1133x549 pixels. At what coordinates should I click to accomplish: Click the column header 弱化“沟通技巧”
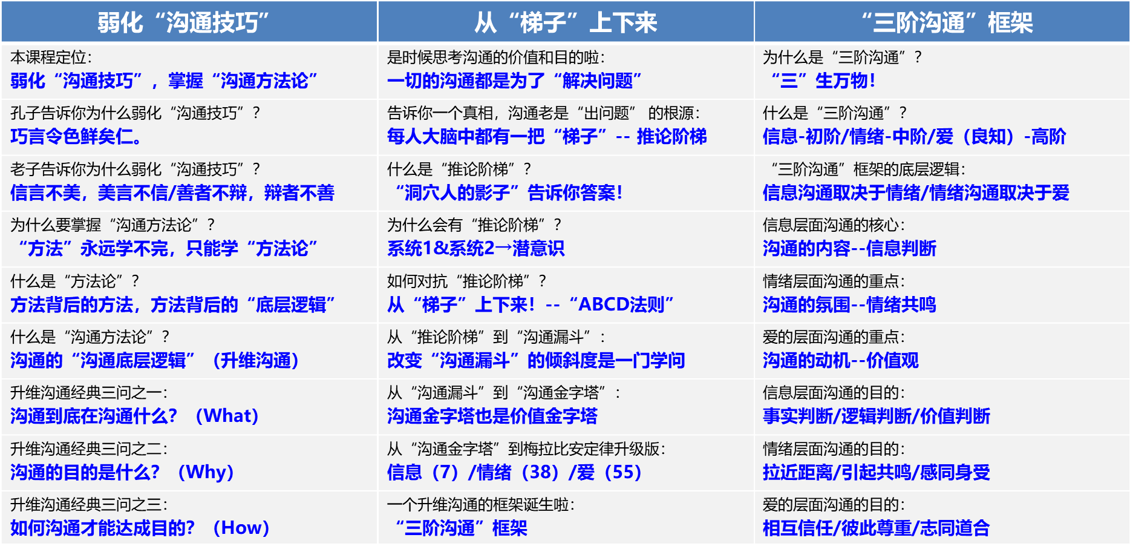coord(183,23)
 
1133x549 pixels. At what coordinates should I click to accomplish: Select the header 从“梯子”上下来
coord(566,23)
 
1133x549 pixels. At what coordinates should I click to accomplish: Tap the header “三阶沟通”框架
coord(947,23)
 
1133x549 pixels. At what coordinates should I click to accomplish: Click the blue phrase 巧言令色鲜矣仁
coord(76,137)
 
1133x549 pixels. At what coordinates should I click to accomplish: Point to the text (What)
coord(227,416)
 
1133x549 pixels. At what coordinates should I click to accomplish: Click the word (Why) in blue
coord(206,472)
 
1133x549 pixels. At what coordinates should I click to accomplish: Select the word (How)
coord(241,528)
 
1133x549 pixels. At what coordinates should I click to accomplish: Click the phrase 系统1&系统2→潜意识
coord(476,248)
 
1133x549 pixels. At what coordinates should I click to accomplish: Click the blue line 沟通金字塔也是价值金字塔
coord(492,416)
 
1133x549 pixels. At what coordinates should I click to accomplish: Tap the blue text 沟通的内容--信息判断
coord(849,248)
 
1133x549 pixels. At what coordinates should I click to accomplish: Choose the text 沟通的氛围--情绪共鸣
coord(849,304)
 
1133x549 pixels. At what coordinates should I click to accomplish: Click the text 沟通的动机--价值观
coord(841,360)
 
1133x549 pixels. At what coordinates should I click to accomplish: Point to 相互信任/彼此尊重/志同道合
coord(876,528)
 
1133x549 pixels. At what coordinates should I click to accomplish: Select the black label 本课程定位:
coord(51,58)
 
